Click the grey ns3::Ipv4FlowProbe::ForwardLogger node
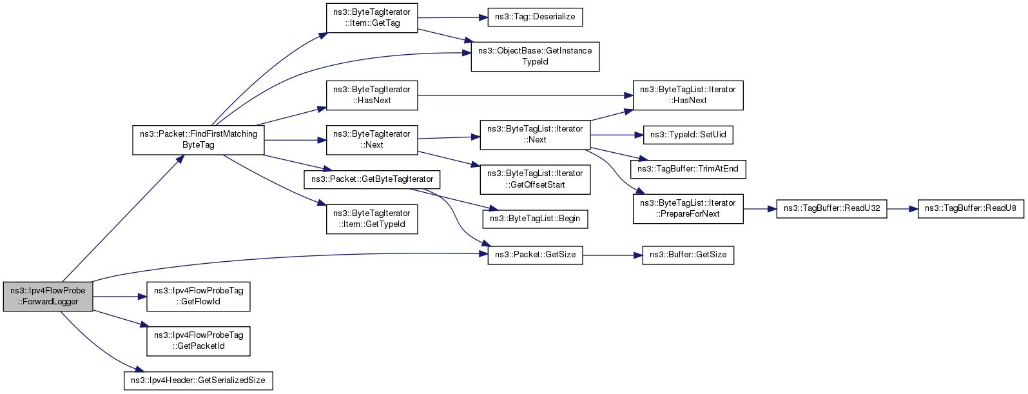tap(48, 296)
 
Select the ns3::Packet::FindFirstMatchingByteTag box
tap(199, 139)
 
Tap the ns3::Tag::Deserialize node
tap(535, 17)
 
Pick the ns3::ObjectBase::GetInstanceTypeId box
tap(535, 56)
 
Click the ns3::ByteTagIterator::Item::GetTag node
tap(372, 17)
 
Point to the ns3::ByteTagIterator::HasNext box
tap(372, 95)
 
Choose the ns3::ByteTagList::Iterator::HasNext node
tap(688, 95)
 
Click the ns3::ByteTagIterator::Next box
tap(372, 139)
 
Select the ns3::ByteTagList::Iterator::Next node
tap(535, 134)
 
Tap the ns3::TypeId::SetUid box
tap(688, 135)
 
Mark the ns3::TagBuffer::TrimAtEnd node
tap(688, 169)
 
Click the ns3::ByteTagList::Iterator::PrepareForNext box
tap(688, 208)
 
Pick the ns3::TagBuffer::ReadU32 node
tap(831, 208)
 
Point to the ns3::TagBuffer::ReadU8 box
tap(970, 208)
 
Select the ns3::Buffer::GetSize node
tap(688, 255)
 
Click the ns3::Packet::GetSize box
tap(535, 255)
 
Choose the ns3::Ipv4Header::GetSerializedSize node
tap(198, 380)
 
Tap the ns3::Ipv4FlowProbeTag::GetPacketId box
tap(199, 340)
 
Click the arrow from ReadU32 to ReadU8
tap(902, 209)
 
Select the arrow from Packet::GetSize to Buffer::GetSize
tap(612, 255)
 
